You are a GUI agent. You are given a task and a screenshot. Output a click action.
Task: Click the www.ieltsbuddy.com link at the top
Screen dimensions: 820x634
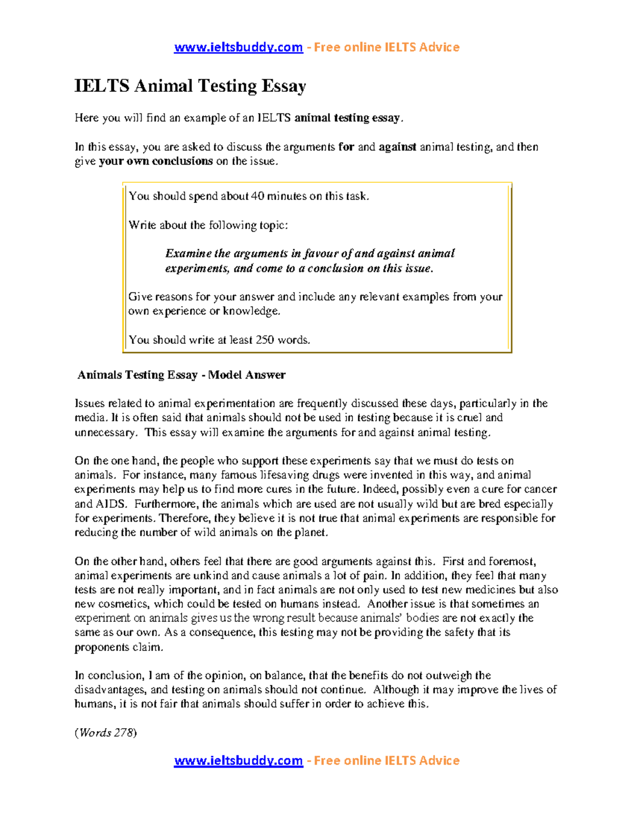(x=238, y=48)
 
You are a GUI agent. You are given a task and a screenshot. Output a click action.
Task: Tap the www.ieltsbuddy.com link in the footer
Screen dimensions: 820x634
(x=238, y=761)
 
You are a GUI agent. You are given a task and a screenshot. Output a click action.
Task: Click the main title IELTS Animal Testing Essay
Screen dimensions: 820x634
(x=190, y=86)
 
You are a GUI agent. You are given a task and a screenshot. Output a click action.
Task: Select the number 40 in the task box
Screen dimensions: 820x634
(x=257, y=196)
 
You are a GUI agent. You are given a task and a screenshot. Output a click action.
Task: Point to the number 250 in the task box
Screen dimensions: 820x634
(x=265, y=340)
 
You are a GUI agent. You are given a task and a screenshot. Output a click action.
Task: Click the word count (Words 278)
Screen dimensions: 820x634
(x=106, y=733)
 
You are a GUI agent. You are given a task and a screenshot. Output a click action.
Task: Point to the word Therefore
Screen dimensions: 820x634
(x=184, y=519)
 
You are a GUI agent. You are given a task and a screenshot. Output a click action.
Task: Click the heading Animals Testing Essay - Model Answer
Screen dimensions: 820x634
(x=181, y=375)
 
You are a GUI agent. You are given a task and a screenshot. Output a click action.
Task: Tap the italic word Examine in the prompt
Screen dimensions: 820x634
(x=188, y=253)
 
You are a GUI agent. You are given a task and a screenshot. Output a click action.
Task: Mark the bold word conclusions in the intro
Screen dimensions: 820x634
(x=182, y=162)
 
